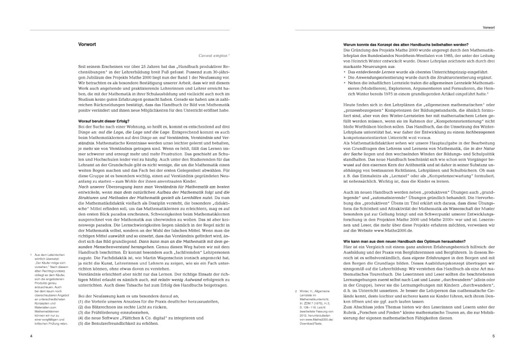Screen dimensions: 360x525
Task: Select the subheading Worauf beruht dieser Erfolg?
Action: [x=104, y=120]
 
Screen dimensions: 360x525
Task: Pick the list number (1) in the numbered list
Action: [x=81, y=301]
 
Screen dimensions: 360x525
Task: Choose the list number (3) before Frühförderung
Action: [x=81, y=312]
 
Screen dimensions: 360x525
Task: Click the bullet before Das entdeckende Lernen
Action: [x=345, y=71]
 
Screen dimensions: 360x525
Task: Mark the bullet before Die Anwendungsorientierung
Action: [x=345, y=77]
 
